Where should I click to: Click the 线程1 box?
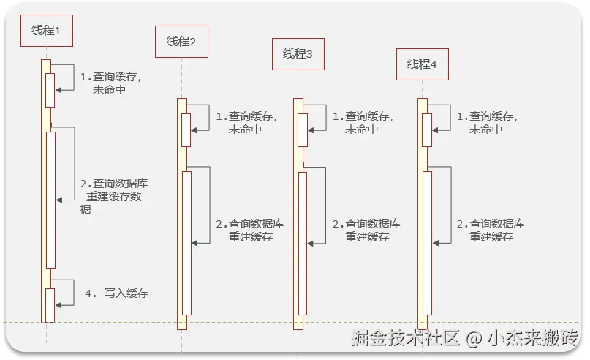[x=46, y=30]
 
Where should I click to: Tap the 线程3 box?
[x=298, y=54]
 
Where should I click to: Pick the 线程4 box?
[x=422, y=64]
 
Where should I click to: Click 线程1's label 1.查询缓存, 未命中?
[x=110, y=83]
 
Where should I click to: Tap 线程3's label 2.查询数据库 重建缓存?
[x=366, y=230]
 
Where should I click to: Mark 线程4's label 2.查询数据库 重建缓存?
[x=491, y=230]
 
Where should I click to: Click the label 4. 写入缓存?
[x=117, y=293]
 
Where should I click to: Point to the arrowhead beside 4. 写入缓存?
[x=60, y=304]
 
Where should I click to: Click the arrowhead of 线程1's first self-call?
[x=60, y=90]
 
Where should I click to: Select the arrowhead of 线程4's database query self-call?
[x=436, y=243]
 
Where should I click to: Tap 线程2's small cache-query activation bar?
[x=186, y=130]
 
